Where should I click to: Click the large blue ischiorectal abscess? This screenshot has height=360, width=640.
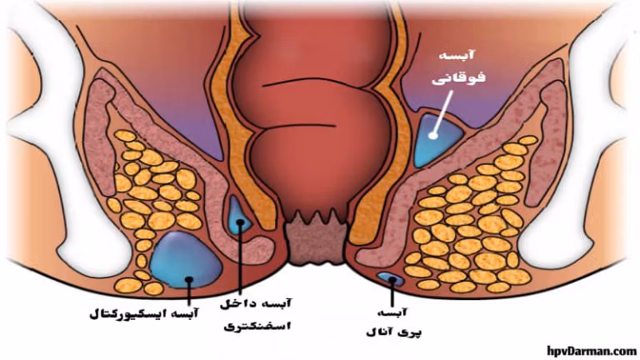(186, 260)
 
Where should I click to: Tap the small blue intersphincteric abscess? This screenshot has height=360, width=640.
(238, 217)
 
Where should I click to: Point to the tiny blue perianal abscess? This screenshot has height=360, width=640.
(391, 279)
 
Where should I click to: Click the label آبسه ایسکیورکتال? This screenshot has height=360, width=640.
(143, 314)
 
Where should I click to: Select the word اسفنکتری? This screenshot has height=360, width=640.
(257, 327)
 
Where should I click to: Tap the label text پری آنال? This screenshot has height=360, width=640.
(394, 332)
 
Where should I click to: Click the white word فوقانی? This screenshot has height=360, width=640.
(459, 77)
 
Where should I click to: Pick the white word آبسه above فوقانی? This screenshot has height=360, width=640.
(457, 54)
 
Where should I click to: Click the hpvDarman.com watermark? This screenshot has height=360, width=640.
(592, 350)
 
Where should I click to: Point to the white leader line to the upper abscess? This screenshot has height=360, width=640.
(442, 112)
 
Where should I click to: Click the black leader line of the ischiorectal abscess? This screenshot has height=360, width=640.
(189, 292)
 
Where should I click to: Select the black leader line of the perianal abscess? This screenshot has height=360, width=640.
(392, 293)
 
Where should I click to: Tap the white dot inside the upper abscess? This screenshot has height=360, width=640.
(433, 135)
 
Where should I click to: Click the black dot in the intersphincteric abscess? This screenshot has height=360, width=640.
(240, 222)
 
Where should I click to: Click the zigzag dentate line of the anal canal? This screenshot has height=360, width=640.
(317, 217)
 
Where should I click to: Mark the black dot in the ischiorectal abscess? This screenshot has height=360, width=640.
(189, 280)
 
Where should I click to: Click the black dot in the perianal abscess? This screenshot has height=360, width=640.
(392, 280)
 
